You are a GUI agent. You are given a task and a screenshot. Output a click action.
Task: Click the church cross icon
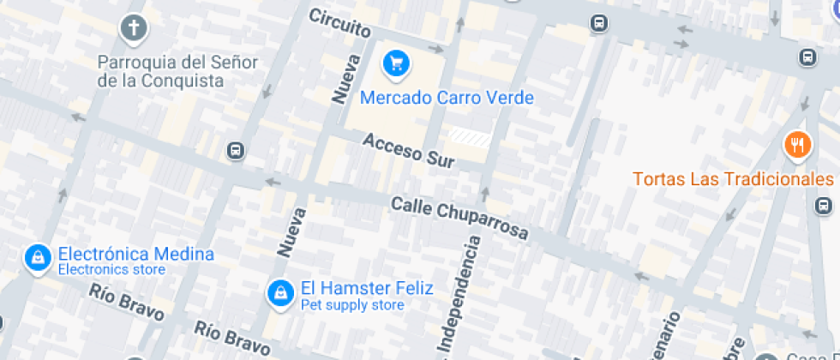[133, 28]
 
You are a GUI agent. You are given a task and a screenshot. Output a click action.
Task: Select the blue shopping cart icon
[395, 62]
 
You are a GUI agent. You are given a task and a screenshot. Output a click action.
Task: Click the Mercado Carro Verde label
[447, 98]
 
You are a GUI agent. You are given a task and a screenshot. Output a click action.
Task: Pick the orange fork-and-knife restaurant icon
[798, 145]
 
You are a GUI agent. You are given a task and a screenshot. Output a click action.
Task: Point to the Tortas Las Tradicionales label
[733, 179]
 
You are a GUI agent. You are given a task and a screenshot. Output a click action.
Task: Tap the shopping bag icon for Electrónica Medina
[36, 257]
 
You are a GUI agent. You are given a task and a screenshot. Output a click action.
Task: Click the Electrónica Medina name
[135, 254]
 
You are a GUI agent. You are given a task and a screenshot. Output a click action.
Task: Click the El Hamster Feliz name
[367, 288]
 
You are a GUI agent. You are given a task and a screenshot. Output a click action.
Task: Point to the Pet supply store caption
[351, 305]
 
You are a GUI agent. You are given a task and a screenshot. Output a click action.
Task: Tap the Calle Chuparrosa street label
[459, 218]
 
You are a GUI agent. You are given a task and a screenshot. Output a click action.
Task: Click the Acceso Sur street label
[407, 149]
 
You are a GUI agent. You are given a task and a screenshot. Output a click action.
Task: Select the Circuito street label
[339, 23]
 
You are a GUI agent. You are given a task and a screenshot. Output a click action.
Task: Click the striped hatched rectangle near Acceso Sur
[471, 137]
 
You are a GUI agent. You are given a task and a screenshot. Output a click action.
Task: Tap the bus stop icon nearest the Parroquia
[236, 151]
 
